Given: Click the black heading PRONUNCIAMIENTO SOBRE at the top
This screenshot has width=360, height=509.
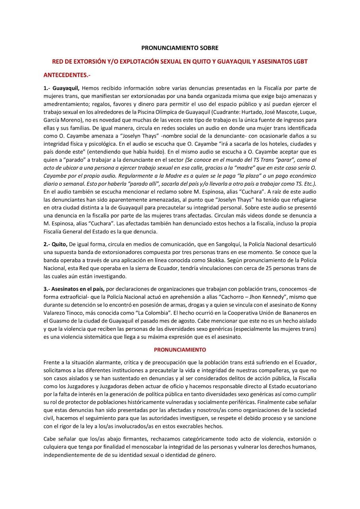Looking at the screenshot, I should coord(180,48).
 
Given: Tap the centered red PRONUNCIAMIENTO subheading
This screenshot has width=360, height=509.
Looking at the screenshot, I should coord(180,350).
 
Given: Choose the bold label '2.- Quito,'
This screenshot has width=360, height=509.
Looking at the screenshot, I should coord(56,244).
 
